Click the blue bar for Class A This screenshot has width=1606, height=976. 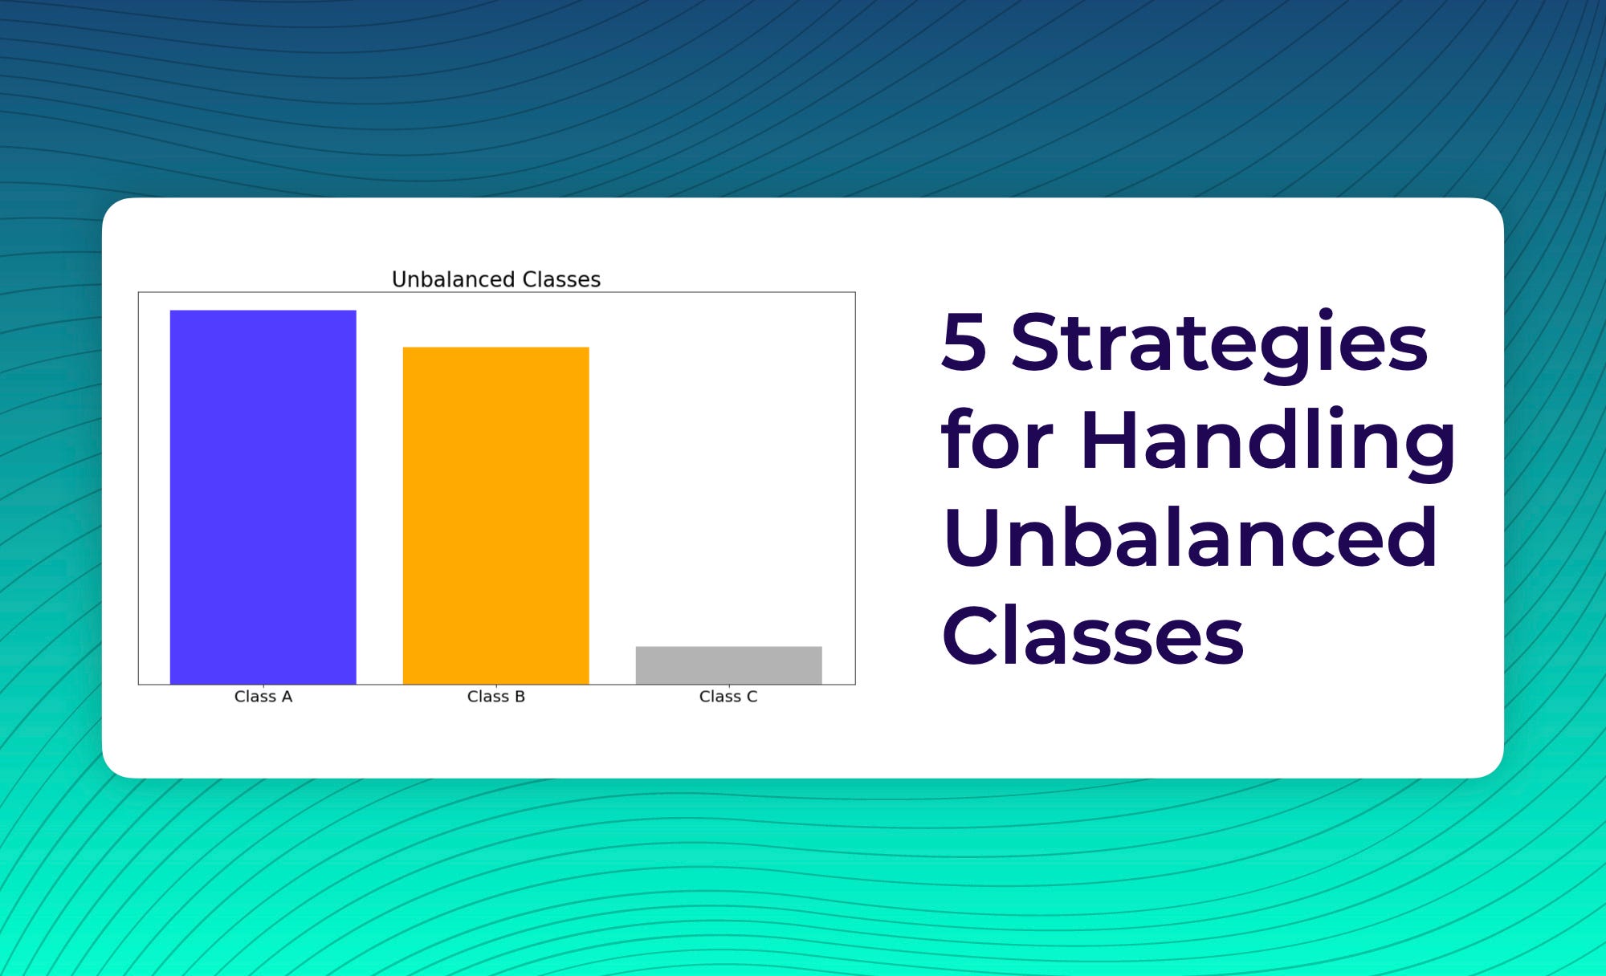click(263, 497)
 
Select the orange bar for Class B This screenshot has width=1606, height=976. click(495, 515)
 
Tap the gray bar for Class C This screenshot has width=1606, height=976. click(728, 665)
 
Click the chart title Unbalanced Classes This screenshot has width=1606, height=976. click(496, 279)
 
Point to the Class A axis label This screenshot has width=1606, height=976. click(263, 697)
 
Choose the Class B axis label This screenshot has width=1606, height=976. click(496, 697)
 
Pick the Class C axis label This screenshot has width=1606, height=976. click(728, 697)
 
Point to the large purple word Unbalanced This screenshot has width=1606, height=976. click(1190, 537)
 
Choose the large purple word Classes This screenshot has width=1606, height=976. click(1093, 635)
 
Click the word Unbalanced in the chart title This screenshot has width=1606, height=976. click(454, 279)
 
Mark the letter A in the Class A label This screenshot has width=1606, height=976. click(287, 697)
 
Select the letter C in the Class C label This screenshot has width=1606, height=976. click(752, 697)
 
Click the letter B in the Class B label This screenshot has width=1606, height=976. click(520, 697)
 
